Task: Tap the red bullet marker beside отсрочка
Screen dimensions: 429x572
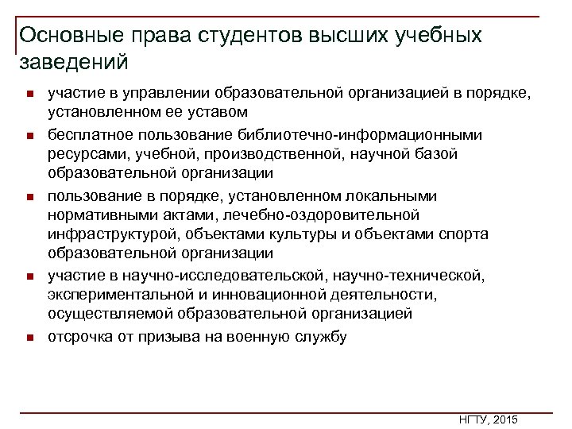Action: (x=27, y=338)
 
